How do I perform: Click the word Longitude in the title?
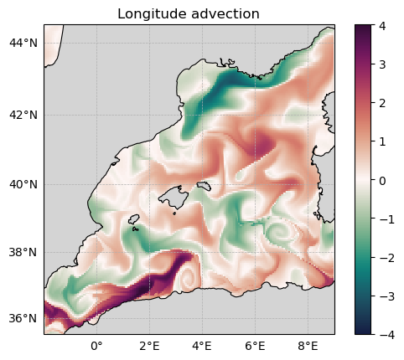pyautogui.click(x=152, y=14)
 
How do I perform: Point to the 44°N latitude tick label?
pyautogui.click(x=23, y=44)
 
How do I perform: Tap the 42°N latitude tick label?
pyautogui.click(x=23, y=115)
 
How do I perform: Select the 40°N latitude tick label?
pyautogui.click(x=23, y=184)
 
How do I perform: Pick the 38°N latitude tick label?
pyautogui.click(x=23, y=252)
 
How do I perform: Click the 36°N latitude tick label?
pyautogui.click(x=23, y=318)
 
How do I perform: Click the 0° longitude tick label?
pyautogui.click(x=96, y=347)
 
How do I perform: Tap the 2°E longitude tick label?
pyautogui.click(x=149, y=347)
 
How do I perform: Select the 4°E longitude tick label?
pyautogui.click(x=202, y=347)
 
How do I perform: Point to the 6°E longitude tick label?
pyautogui.click(x=255, y=347)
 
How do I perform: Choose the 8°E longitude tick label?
pyautogui.click(x=308, y=347)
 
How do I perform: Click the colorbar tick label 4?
pyautogui.click(x=382, y=26)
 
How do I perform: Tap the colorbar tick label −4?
pyautogui.click(x=387, y=334)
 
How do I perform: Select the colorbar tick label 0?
pyautogui.click(x=382, y=181)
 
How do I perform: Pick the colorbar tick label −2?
pyautogui.click(x=387, y=258)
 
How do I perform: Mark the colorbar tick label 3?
pyautogui.click(x=382, y=64)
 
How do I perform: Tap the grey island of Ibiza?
pyautogui.click(x=134, y=219)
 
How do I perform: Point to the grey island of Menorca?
pyautogui.click(x=204, y=186)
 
